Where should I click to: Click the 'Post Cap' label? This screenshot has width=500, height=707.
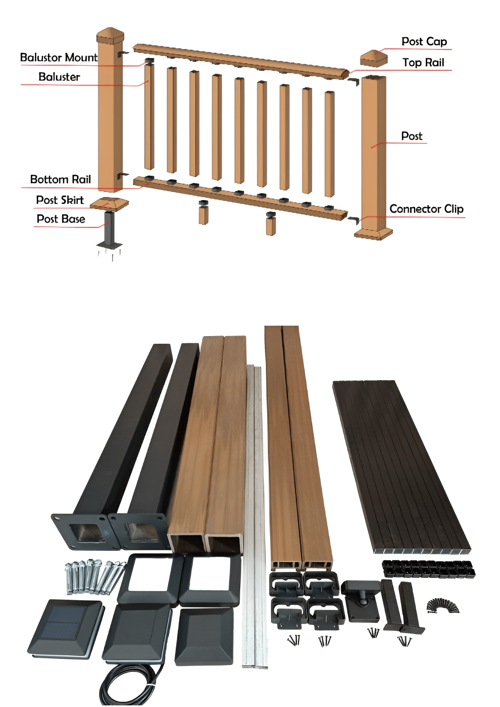coord(424,41)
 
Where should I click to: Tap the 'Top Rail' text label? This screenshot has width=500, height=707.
coord(423,62)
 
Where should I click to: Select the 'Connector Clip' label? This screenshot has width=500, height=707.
coord(426,209)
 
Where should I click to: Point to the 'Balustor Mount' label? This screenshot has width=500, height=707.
coord(59,57)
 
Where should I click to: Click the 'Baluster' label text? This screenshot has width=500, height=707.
coord(59,77)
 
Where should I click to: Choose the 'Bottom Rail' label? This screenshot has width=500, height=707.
coord(60,179)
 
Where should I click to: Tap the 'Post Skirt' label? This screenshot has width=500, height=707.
coord(60,200)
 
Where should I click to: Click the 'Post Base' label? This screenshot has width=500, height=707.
coord(61,219)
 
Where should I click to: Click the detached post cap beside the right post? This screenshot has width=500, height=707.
coord(373,59)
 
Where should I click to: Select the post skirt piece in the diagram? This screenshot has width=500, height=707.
coord(109,203)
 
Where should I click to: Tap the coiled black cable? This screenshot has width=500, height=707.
coord(128,685)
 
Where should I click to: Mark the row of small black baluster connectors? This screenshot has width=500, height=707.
coord(428,569)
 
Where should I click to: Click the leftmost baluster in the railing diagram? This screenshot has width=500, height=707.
coord(149,116)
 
